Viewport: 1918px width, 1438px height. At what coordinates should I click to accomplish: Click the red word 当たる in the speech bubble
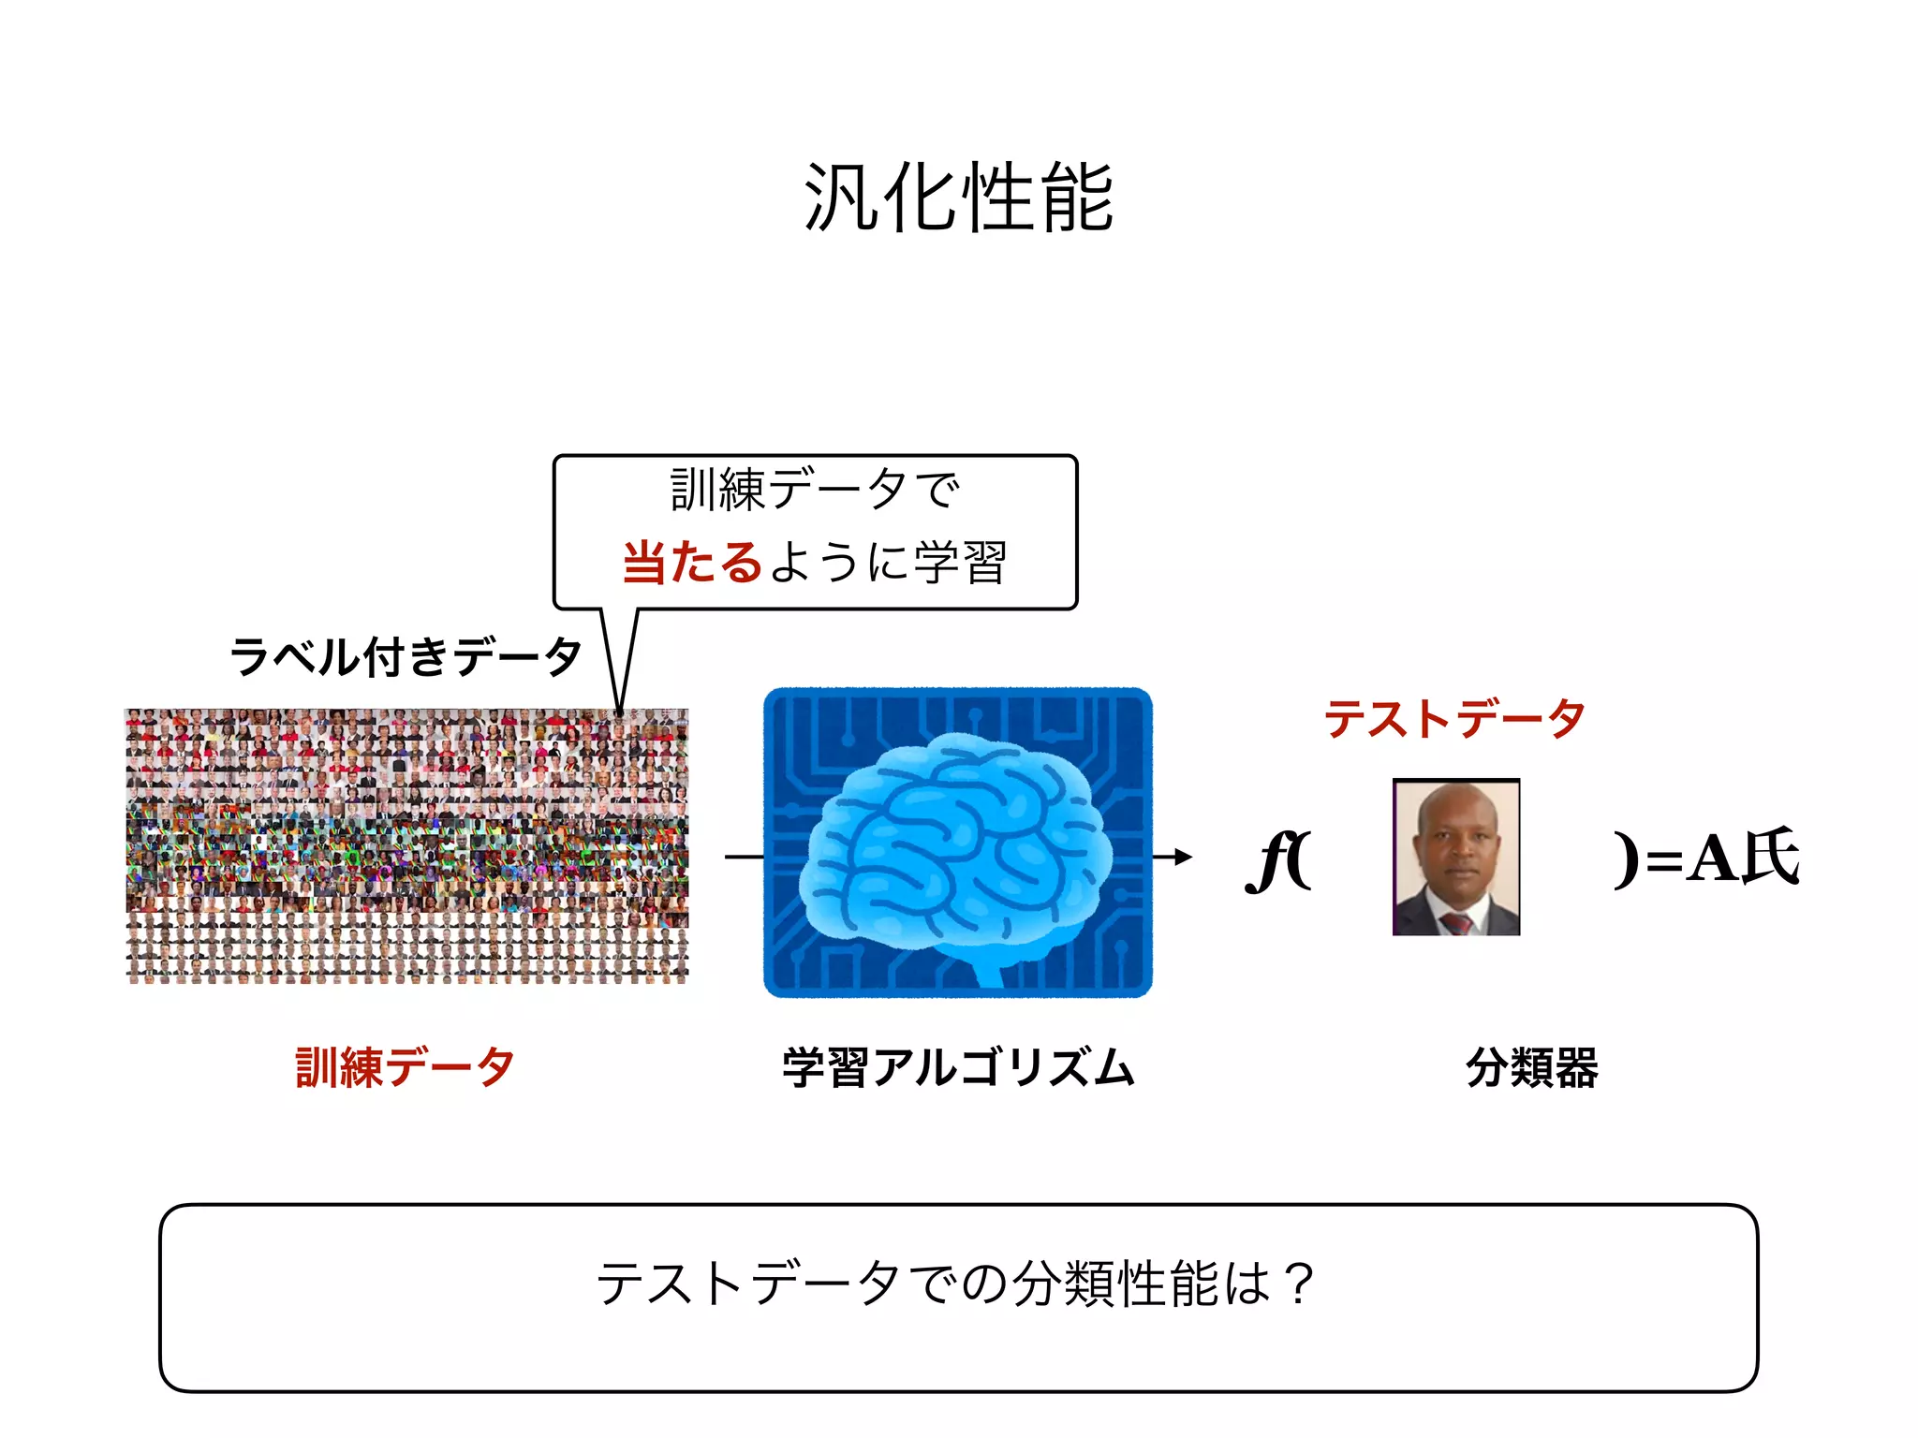(x=692, y=563)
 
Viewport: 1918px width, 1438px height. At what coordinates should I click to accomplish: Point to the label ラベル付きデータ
(x=406, y=656)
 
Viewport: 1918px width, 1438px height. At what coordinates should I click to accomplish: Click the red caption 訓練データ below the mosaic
(x=405, y=1067)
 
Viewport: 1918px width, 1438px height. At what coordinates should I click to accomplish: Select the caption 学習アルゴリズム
(x=958, y=1067)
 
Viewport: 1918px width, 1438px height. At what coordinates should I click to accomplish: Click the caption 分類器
(x=1531, y=1067)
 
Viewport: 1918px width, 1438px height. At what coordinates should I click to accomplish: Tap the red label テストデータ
(x=1454, y=719)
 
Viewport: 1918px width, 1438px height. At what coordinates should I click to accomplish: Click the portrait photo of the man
(x=1455, y=857)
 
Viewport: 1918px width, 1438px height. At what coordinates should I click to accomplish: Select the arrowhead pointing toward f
(x=1184, y=857)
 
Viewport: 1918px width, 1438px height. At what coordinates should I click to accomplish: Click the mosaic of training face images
(x=406, y=845)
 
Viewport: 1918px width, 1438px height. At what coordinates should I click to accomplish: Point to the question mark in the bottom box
(x=1299, y=1284)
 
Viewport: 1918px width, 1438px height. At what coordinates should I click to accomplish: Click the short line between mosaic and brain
(x=744, y=857)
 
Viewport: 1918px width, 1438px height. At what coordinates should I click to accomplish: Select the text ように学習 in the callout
(x=888, y=563)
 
